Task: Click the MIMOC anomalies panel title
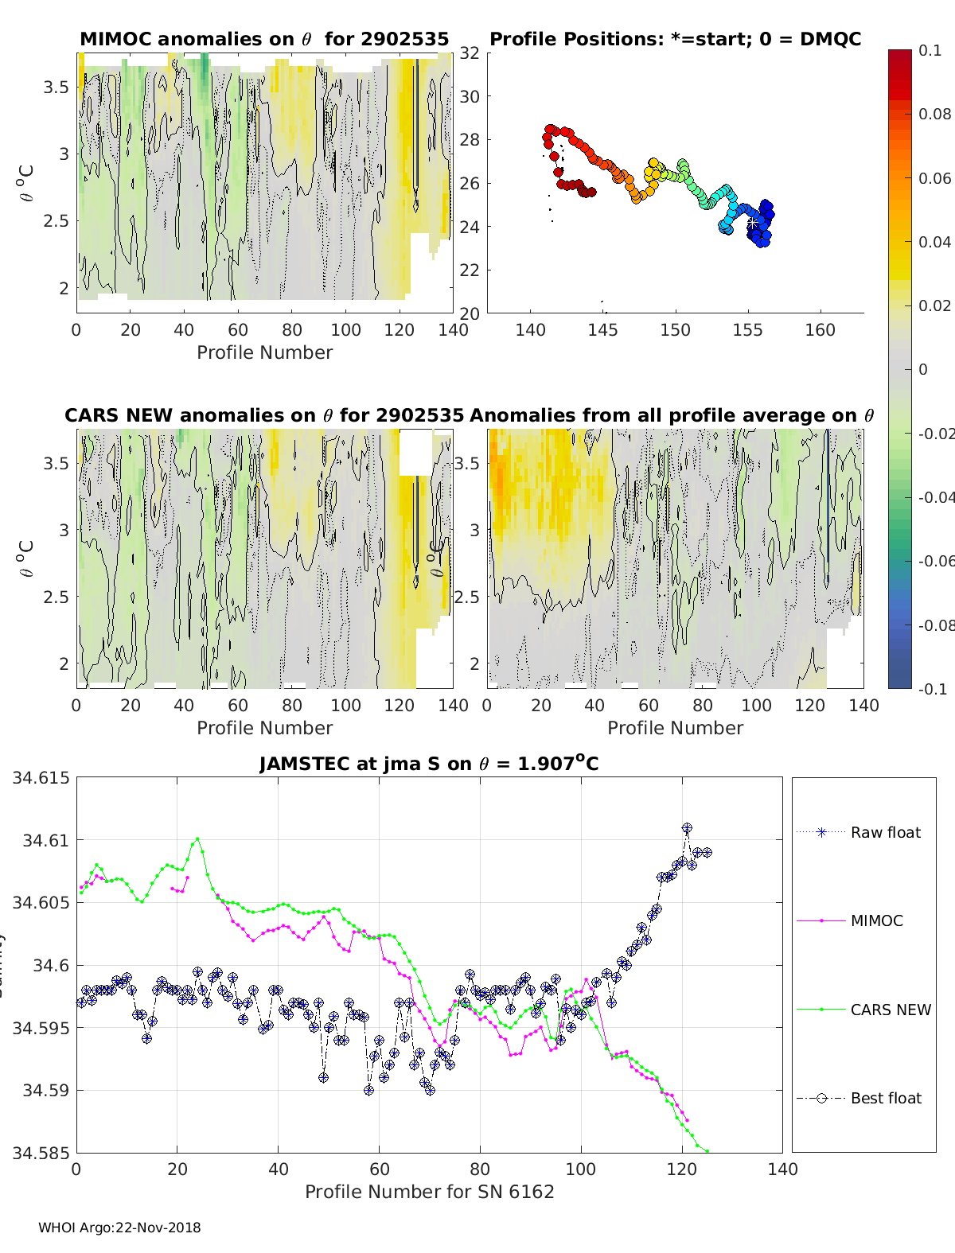click(x=264, y=39)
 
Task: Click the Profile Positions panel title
click(x=675, y=39)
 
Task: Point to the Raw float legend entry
click(x=885, y=832)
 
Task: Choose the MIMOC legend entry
click(x=876, y=920)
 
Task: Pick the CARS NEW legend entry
click(x=890, y=1010)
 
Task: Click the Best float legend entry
click(x=885, y=1098)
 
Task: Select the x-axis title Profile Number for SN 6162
click(x=429, y=1192)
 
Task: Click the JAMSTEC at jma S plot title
click(x=429, y=765)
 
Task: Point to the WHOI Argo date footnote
click(x=119, y=1228)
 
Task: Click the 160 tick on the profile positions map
click(x=820, y=330)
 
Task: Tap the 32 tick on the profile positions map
click(x=470, y=53)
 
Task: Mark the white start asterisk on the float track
click(x=752, y=224)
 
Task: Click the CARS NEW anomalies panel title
click(x=264, y=415)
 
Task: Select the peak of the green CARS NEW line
click(x=197, y=839)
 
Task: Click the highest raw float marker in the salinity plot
click(x=687, y=828)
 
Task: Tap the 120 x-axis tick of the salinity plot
click(x=681, y=1169)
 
